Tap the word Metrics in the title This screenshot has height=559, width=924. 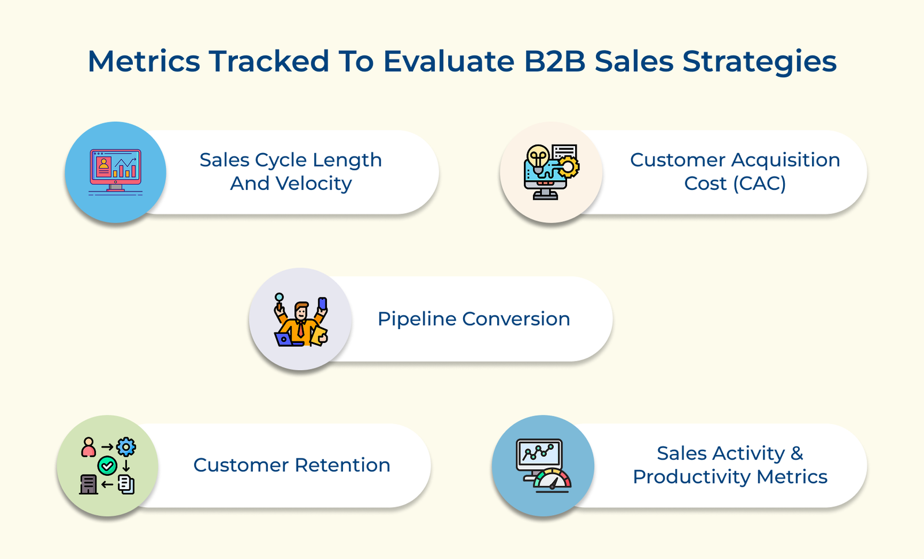(144, 61)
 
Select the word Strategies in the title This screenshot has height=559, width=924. (759, 61)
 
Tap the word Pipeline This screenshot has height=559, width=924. (416, 319)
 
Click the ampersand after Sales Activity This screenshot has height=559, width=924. (797, 453)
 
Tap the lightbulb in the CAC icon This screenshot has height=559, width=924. (538, 156)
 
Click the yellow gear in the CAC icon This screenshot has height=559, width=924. (568, 167)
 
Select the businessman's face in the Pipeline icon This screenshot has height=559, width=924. (301, 313)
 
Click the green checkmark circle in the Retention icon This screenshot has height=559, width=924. (107, 465)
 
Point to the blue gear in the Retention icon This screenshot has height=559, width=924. (126, 446)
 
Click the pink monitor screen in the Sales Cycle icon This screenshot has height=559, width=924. (115, 167)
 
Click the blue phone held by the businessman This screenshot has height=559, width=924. (322, 304)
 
